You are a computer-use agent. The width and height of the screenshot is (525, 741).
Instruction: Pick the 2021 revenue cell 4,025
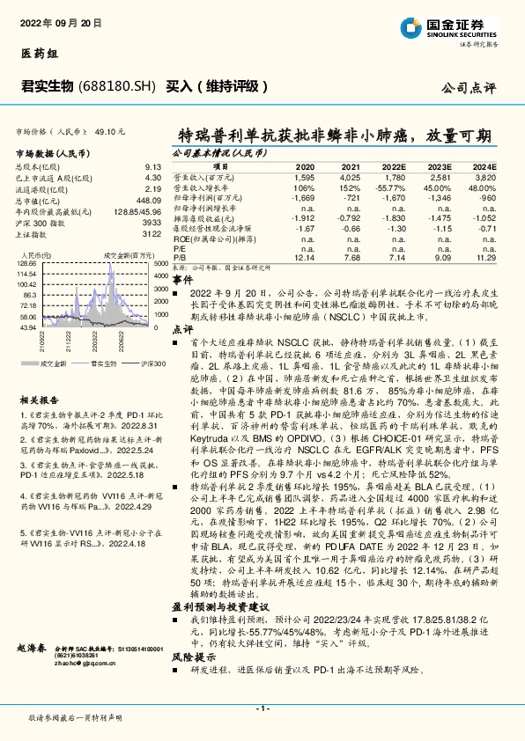(x=351, y=178)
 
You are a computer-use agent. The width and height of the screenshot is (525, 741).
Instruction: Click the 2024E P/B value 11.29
(x=487, y=257)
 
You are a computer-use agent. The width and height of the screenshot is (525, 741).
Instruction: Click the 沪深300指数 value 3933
(x=152, y=223)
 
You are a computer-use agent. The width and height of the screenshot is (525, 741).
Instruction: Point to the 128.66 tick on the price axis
(x=26, y=262)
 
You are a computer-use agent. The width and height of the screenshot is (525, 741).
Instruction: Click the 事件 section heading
(x=182, y=278)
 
